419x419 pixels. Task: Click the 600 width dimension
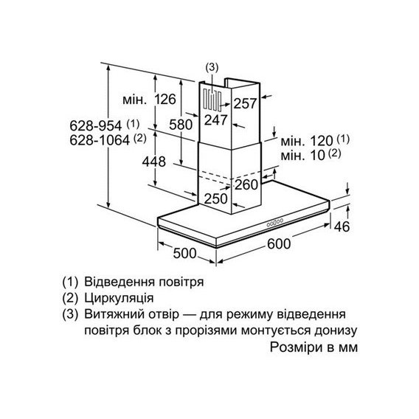click(x=279, y=243)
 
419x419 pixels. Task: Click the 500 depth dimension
click(x=184, y=253)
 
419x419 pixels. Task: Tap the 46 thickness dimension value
click(x=342, y=226)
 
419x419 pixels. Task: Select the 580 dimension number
click(x=181, y=125)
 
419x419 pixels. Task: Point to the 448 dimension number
click(x=154, y=162)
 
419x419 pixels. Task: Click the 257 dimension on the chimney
click(x=245, y=103)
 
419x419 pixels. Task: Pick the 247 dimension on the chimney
click(x=216, y=120)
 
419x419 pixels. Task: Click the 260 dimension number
click(x=246, y=184)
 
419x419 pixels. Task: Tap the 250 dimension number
click(x=216, y=199)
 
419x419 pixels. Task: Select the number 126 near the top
click(x=166, y=100)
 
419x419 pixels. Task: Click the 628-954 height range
click(x=96, y=125)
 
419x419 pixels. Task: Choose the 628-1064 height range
click(x=100, y=139)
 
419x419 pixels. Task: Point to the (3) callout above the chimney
click(x=212, y=68)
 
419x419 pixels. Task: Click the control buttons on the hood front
click(x=274, y=222)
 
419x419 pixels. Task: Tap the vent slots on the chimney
click(x=212, y=100)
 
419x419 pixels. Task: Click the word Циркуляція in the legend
click(x=119, y=298)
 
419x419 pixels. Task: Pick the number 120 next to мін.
click(x=322, y=141)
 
